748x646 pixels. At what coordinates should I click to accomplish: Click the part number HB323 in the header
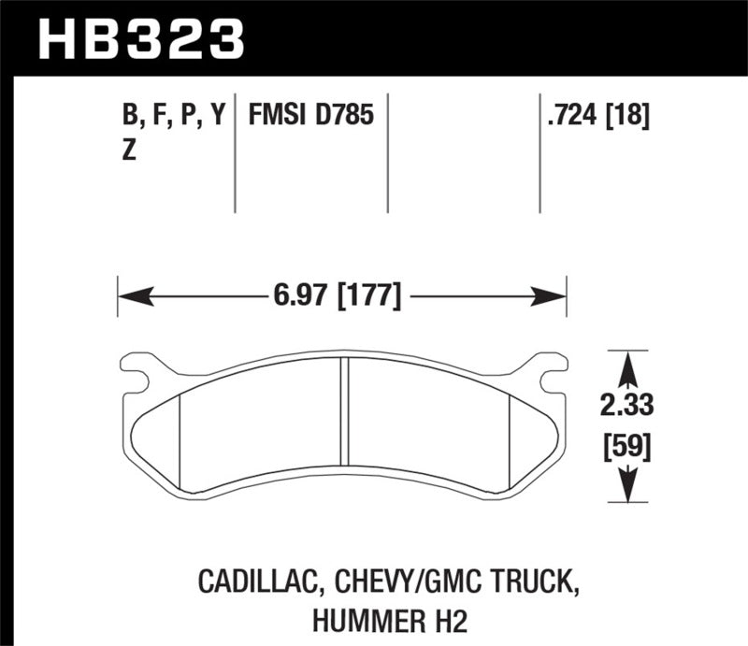point(140,38)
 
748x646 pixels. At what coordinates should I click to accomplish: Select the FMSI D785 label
point(310,117)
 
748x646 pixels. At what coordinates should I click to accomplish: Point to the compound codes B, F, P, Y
point(174,117)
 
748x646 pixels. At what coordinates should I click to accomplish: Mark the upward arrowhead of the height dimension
point(627,364)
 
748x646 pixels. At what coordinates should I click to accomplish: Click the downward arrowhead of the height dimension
point(627,488)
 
